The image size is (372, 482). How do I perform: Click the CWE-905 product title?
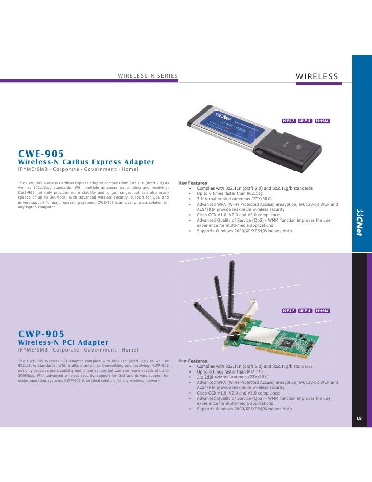(x=41, y=154)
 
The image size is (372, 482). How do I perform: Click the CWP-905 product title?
(x=41, y=334)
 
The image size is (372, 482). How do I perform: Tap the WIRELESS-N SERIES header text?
(x=148, y=76)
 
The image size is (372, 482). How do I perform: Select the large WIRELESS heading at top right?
(x=317, y=76)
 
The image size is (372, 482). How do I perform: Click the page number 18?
(x=359, y=418)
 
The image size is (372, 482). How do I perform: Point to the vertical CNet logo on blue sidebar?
(x=359, y=222)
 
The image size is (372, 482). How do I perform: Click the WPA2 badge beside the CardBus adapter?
(x=289, y=121)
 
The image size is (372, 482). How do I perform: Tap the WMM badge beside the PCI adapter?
(x=322, y=311)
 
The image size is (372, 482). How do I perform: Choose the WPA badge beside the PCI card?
(x=305, y=311)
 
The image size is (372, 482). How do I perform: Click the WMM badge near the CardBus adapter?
(x=322, y=121)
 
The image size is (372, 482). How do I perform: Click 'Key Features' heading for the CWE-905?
(x=193, y=183)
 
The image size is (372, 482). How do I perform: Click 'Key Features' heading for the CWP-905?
(x=193, y=361)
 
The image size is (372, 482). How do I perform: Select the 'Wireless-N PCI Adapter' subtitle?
(x=63, y=342)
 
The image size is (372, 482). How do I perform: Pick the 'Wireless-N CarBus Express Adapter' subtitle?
(x=86, y=162)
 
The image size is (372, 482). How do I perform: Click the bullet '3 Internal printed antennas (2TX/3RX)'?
(x=234, y=199)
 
